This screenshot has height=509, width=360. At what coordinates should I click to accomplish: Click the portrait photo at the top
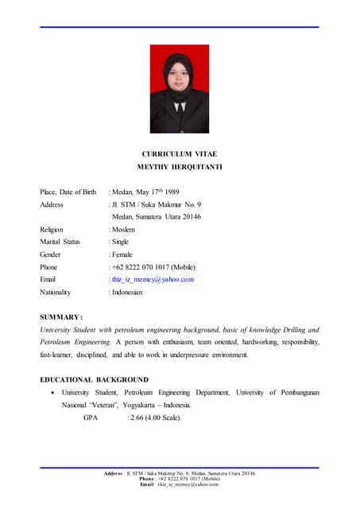click(180, 89)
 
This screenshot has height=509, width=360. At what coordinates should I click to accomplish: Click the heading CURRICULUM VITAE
click(179, 153)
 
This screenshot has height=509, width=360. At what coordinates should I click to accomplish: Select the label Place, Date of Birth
click(68, 192)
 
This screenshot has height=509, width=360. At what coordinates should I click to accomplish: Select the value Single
click(121, 242)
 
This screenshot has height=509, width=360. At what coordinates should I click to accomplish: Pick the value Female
click(122, 254)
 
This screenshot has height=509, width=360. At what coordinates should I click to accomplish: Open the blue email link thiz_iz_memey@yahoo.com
click(153, 280)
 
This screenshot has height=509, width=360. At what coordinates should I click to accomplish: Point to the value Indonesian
click(127, 293)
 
